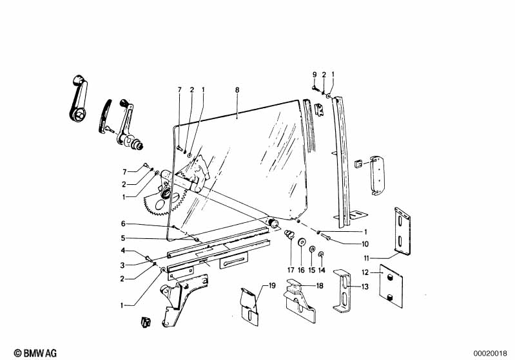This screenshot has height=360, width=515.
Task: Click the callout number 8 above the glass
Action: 237,90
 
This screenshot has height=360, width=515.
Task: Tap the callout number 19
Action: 272,286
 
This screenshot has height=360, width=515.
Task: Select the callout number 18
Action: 320,286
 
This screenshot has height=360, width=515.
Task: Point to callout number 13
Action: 365,287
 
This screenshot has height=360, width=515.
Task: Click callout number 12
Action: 365,272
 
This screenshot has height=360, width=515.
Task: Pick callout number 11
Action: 367,258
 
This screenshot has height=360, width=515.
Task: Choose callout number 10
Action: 365,244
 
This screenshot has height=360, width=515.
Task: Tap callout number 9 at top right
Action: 315,75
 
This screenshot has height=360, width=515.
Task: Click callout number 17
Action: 291,270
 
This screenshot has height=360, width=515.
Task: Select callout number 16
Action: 301,270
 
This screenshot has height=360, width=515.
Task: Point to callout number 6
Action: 123,224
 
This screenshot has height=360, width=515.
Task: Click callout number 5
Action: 123,238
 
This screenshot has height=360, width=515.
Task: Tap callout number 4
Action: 123,251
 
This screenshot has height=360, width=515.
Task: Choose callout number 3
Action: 122,265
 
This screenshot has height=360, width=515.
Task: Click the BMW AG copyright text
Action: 35,353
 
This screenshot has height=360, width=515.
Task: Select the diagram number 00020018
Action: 490,354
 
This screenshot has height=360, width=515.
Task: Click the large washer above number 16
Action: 301,243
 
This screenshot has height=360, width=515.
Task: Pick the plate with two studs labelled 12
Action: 391,286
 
